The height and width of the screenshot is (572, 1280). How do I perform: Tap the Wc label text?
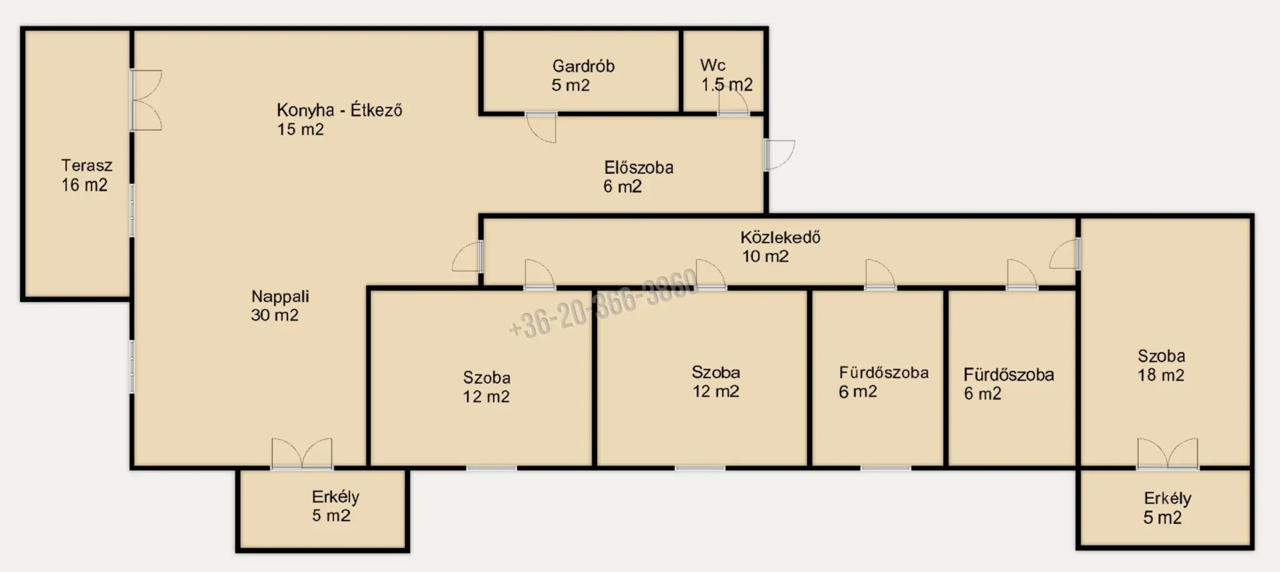click(712, 65)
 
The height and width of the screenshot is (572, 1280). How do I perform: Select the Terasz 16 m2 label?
click(86, 175)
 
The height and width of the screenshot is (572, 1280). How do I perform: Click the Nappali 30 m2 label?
click(279, 306)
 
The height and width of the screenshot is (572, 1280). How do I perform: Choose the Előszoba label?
click(638, 168)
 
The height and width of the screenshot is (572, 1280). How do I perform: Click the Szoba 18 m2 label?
click(1161, 365)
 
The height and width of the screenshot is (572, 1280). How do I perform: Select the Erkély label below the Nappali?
click(335, 497)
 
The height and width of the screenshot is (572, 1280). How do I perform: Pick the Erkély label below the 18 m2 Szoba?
click(1167, 498)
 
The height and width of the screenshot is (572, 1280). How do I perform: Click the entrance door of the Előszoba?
click(779, 155)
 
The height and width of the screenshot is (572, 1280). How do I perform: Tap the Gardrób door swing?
click(541, 128)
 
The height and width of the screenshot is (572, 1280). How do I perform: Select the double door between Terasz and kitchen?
click(146, 100)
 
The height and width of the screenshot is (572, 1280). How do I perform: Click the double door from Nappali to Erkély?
click(302, 453)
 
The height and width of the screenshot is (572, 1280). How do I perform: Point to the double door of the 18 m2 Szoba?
click(1167, 453)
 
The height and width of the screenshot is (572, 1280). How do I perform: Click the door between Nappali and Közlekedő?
click(467, 256)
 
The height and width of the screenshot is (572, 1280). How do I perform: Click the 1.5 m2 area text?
click(726, 84)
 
